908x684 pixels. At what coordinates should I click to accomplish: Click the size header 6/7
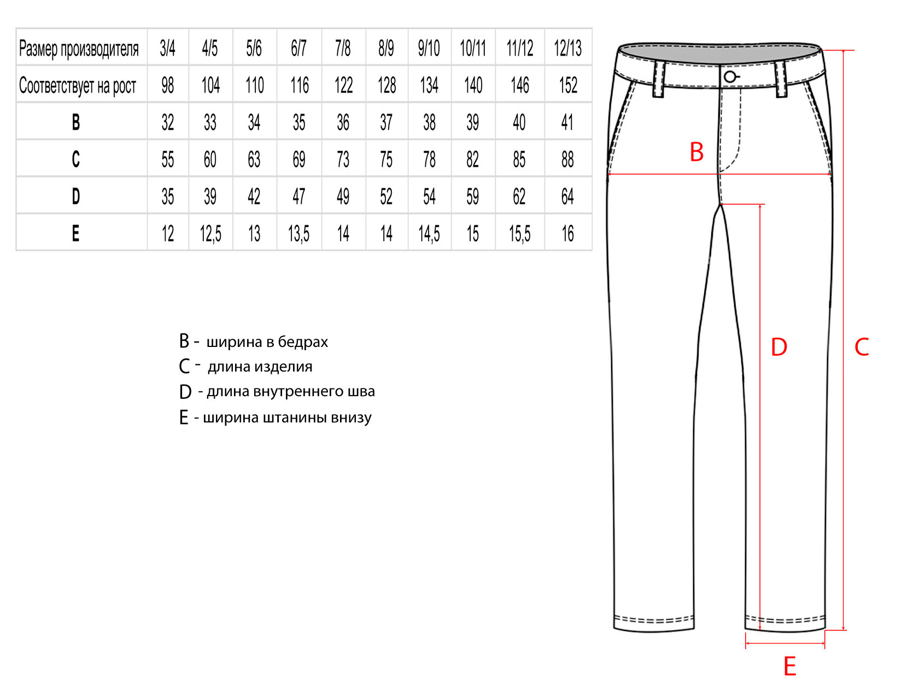(298, 48)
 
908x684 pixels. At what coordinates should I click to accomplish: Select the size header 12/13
(567, 48)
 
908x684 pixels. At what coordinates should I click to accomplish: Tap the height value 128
(386, 85)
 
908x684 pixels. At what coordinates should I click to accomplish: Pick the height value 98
(167, 85)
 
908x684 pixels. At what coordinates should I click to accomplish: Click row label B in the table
(76, 122)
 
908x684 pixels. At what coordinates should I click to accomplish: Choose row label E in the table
(76, 234)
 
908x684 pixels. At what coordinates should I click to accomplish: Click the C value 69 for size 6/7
(298, 160)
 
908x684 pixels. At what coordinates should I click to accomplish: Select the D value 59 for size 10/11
(472, 196)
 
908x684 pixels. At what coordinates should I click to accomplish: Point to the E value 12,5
(210, 234)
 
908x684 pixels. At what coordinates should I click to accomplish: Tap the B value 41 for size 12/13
(567, 122)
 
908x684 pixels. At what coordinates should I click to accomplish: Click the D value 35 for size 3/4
(167, 196)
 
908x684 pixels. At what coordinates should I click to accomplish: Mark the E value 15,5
(519, 234)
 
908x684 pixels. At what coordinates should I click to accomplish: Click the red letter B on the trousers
(696, 152)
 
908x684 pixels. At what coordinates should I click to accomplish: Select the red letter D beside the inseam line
(779, 347)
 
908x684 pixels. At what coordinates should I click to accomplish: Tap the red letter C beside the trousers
(862, 347)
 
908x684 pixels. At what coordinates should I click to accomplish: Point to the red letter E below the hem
(789, 666)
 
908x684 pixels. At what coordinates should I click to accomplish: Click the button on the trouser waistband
(730, 77)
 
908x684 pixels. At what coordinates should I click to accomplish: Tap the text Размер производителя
(79, 49)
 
